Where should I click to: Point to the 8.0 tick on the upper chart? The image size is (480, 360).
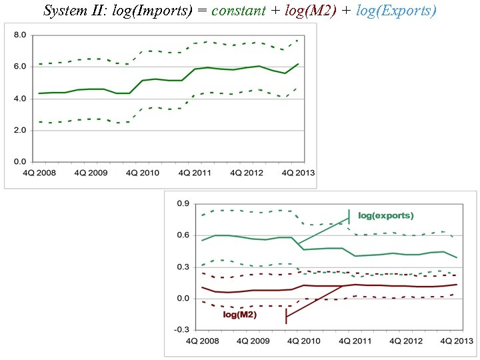tap(20, 35)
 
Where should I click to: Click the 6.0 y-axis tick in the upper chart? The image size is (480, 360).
tap(20, 67)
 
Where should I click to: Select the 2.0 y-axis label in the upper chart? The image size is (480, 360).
tap(20, 130)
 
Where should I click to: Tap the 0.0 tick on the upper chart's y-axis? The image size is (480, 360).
tap(20, 161)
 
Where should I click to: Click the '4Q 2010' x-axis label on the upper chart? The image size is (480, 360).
tap(141, 173)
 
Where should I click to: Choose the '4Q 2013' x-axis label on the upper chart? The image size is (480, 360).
tap(297, 173)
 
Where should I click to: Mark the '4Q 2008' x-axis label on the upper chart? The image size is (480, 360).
tap(36, 173)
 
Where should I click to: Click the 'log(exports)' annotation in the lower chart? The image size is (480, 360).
tap(386, 215)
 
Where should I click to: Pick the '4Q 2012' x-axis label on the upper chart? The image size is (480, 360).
tap(245, 173)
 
